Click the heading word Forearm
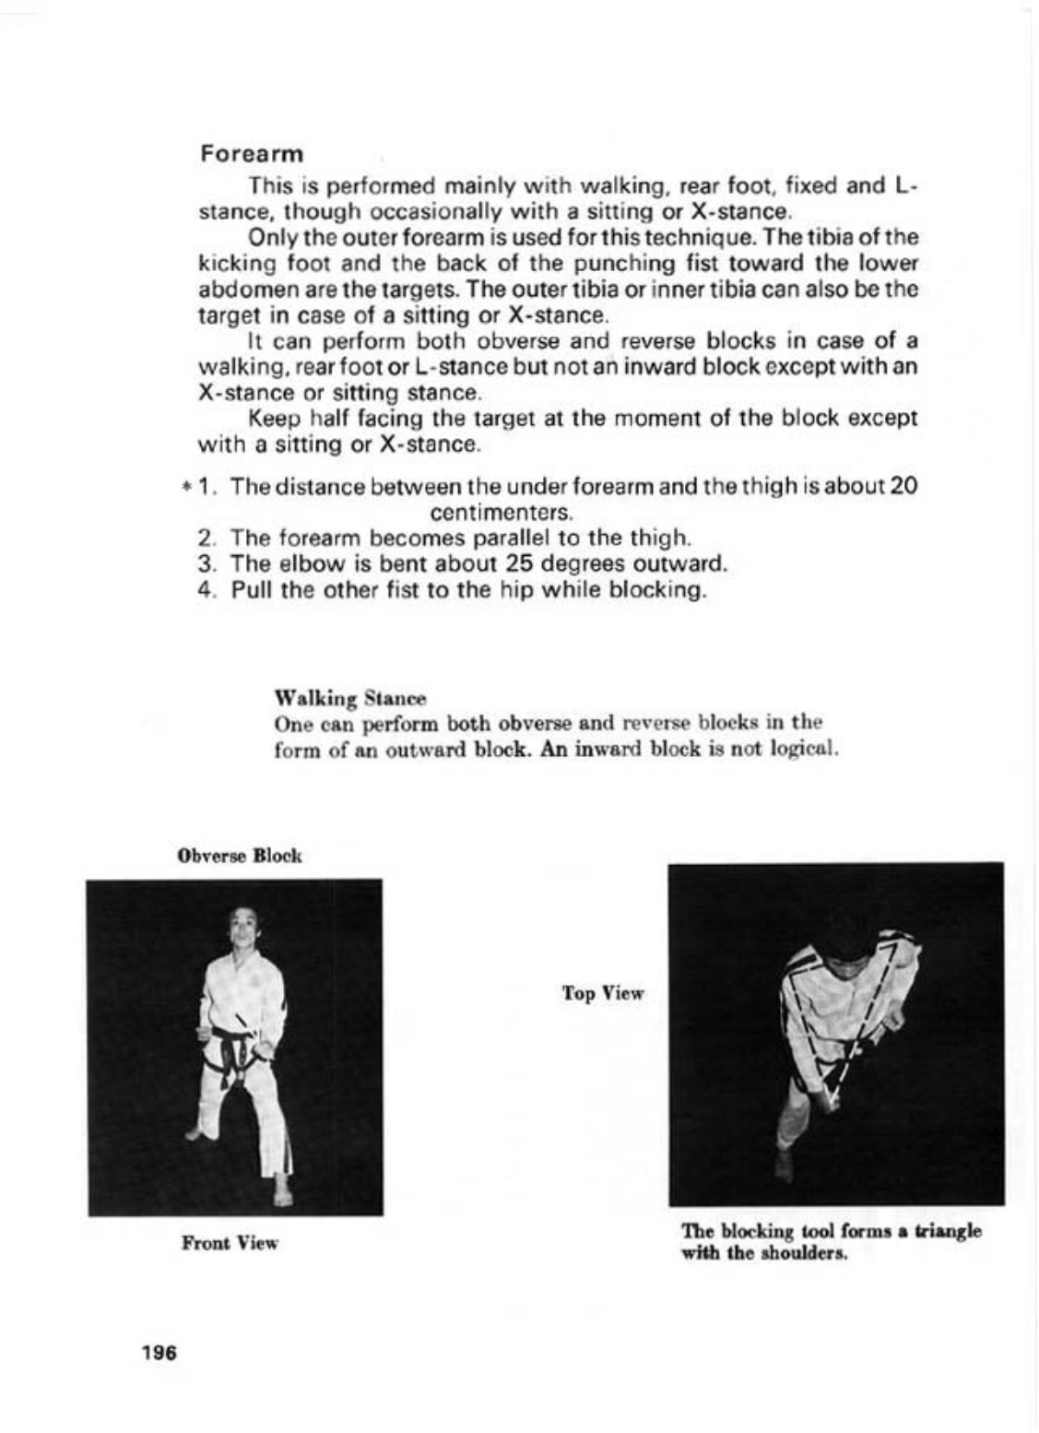(x=252, y=153)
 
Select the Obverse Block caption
(x=239, y=856)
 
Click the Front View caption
(x=230, y=1243)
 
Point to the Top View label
(x=603, y=993)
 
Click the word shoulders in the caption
(x=803, y=1253)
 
